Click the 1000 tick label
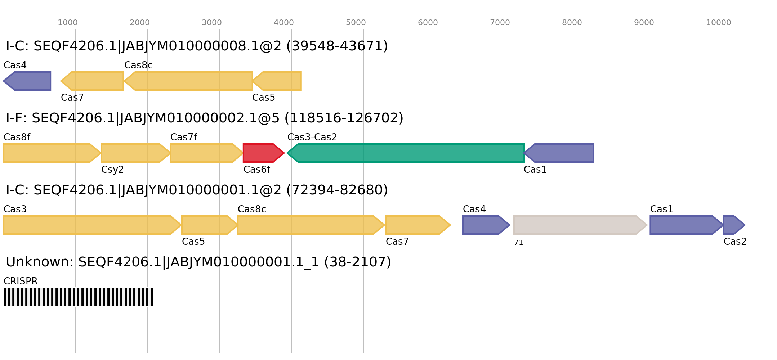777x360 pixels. [68, 23]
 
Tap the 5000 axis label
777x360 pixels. [356, 23]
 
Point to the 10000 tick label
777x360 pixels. [718, 23]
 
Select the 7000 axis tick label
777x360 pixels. [500, 23]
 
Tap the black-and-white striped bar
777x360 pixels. [78, 297]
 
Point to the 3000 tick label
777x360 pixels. [211, 23]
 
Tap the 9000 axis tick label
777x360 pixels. [644, 23]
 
